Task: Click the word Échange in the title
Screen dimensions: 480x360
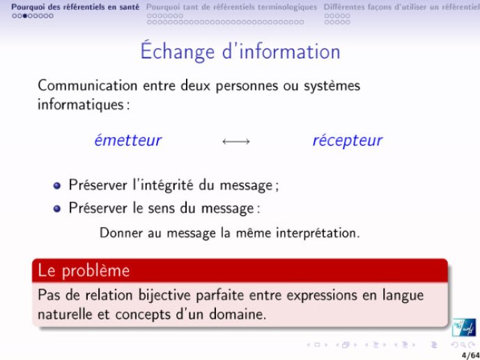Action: click(178, 51)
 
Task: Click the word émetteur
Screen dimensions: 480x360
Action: click(128, 141)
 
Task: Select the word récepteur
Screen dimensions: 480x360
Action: click(348, 141)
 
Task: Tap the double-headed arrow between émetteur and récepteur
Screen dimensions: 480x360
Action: click(236, 141)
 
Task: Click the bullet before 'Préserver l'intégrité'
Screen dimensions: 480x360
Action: click(57, 186)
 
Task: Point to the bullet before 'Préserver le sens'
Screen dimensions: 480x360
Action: click(57, 209)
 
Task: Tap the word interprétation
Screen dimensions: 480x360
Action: click(318, 233)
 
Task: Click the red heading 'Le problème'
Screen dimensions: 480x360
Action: click(84, 271)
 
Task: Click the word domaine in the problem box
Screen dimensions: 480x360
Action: click(238, 315)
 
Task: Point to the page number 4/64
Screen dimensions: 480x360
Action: click(471, 355)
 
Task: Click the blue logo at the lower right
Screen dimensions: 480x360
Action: click(464, 327)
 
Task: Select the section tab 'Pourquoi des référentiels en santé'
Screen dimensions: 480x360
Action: click(75, 7)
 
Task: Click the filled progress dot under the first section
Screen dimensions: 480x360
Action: click(25, 16)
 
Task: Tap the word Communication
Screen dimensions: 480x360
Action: click(88, 86)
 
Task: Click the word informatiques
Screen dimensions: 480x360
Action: click(81, 104)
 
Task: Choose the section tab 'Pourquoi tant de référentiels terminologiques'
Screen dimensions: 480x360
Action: click(232, 7)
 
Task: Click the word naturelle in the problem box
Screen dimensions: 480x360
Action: click(65, 315)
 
